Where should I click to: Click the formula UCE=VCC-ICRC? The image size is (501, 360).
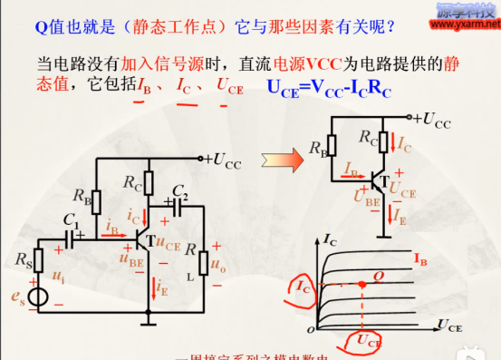pos(342,87)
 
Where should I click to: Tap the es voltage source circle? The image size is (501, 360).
pos(38,297)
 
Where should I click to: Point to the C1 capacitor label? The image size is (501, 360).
pos(71,219)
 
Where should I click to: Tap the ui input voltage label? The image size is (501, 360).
pos(59,273)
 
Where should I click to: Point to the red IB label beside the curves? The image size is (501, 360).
pos(420,259)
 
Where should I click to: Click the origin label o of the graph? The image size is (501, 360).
pos(310,326)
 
